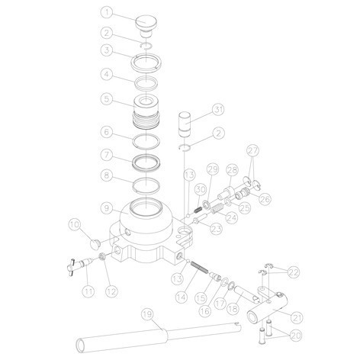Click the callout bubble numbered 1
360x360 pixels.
pyautogui.click(x=107, y=13)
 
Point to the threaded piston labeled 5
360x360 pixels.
pyautogui.click(x=146, y=111)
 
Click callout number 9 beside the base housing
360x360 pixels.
pyautogui.click(x=107, y=208)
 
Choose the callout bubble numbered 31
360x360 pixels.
pyautogui.click(x=218, y=110)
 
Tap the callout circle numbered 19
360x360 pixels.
pyautogui.click(x=148, y=315)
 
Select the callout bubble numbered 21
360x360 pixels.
pyautogui.click(x=297, y=317)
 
